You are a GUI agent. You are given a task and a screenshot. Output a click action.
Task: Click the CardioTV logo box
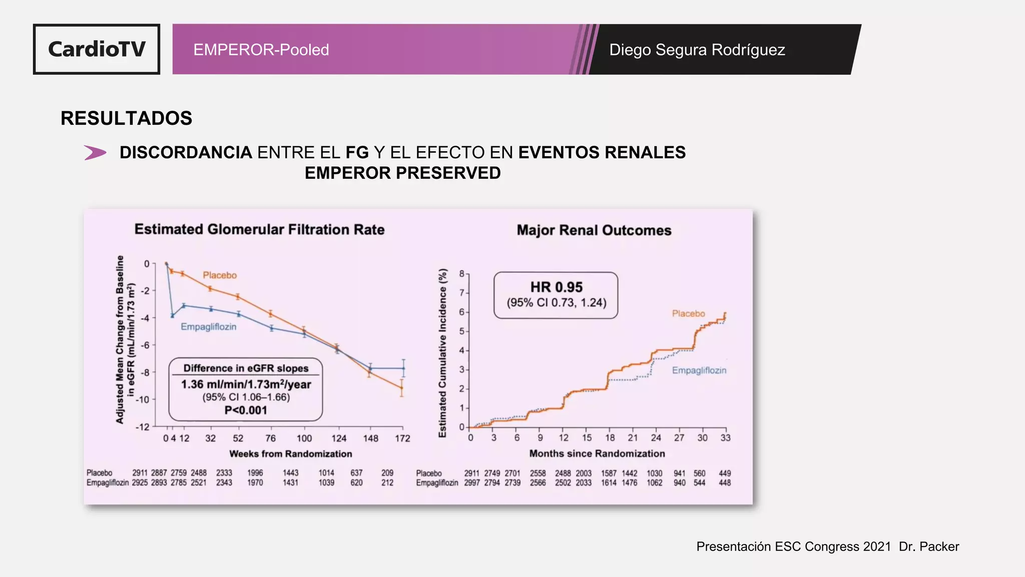[x=97, y=49]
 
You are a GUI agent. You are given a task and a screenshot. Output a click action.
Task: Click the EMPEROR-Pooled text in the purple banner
[x=261, y=50]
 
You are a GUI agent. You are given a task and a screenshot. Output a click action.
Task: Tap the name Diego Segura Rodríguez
[x=697, y=50]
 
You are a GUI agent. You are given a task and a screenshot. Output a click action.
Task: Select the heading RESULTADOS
[x=126, y=118]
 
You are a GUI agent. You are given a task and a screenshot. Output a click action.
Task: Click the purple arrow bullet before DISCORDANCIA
[x=95, y=152]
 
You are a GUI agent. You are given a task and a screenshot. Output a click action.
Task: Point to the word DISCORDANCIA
[x=186, y=152]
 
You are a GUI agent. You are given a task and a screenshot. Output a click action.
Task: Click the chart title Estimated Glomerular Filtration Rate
[x=259, y=229]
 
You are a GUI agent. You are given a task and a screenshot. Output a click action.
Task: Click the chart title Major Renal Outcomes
[x=594, y=230]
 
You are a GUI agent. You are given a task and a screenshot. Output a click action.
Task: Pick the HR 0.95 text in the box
[x=556, y=287]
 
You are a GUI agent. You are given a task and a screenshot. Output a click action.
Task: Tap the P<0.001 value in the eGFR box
[x=245, y=410]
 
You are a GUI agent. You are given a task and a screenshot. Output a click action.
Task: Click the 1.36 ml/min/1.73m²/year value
[x=246, y=384]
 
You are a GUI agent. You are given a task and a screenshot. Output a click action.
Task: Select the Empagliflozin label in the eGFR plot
[x=208, y=327]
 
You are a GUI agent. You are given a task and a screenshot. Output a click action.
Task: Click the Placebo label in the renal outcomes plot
[x=688, y=314]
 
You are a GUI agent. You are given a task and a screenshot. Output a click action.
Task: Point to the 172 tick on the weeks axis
[x=402, y=438]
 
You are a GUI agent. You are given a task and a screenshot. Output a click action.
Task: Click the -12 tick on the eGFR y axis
[x=143, y=427]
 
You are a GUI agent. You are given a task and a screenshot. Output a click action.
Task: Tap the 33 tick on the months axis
[x=725, y=438]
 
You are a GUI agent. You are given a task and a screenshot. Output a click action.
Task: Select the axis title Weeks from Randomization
[x=290, y=454]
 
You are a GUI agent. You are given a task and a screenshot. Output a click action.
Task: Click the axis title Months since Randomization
[x=597, y=453]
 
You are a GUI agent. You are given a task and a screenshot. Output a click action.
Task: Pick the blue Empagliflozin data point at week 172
[x=403, y=368]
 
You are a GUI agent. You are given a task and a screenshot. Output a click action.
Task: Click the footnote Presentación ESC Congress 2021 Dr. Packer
[x=827, y=546]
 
